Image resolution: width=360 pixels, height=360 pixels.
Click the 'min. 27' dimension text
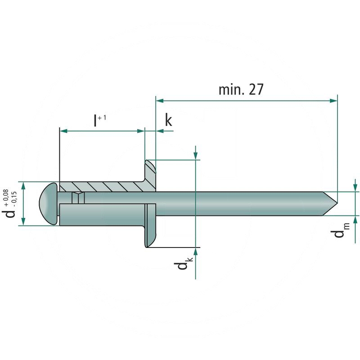tap(240, 89)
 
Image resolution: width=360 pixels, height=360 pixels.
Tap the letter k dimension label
tap(168, 120)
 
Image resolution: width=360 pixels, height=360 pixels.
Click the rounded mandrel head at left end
tap(49, 204)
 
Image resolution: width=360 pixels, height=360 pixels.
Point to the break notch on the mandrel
tap(78, 198)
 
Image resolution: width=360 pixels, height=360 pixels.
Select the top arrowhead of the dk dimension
tap(196, 155)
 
